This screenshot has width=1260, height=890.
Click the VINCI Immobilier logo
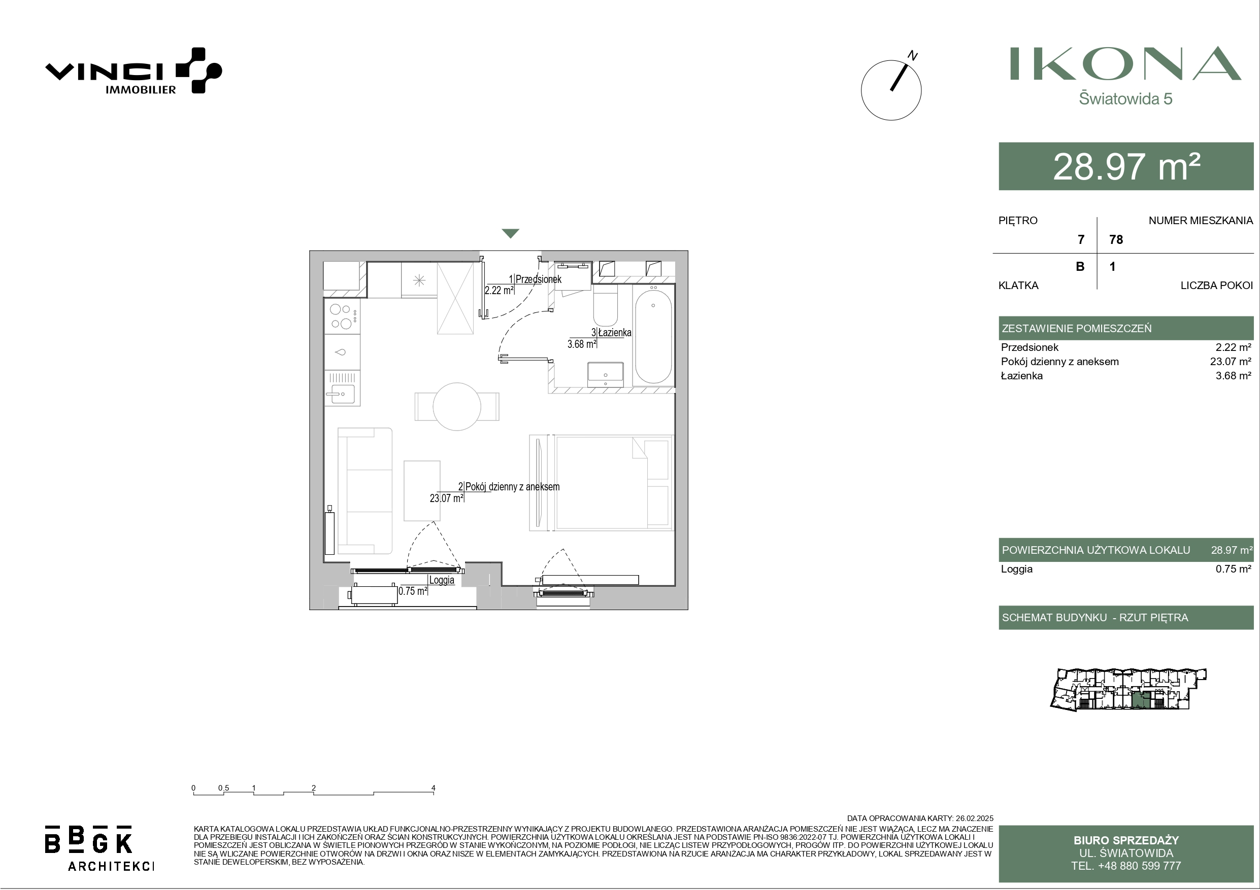coord(134,70)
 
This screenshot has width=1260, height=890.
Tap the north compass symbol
coord(891,88)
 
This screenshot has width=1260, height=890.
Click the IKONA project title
coord(1125,63)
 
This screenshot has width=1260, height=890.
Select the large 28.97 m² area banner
coord(1126,166)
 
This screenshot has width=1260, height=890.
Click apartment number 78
coord(1116,240)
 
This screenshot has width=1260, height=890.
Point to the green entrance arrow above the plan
coord(510,234)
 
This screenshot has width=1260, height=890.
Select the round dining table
coord(457,406)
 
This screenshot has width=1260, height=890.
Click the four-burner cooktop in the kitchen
coord(342,316)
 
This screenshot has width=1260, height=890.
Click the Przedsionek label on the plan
coord(538,279)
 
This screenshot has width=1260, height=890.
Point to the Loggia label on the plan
coord(442,580)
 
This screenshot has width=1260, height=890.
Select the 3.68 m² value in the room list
coord(1233,376)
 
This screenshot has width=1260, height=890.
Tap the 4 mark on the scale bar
coord(434,788)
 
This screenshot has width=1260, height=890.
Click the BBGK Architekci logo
coord(100,847)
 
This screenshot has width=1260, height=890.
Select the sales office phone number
coord(1126,866)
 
